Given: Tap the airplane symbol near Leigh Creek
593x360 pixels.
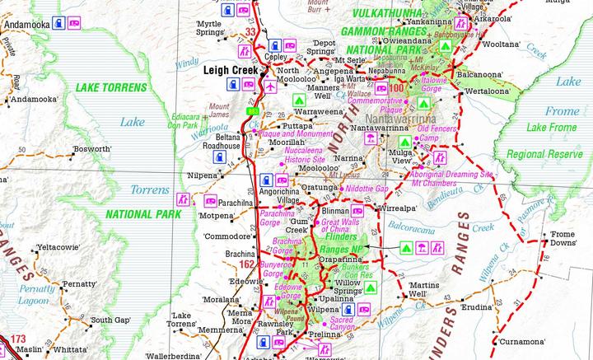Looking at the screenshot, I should point(269,85).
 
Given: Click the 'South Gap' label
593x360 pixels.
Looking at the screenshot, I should point(111,320).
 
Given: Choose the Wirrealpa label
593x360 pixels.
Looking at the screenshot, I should point(398,209).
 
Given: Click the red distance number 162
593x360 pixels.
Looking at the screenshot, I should point(246,265).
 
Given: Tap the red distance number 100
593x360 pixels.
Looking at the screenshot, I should point(399,86).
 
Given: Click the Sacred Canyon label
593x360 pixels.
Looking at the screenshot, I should point(341,324).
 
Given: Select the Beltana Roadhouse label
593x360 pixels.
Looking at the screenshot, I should point(222,141).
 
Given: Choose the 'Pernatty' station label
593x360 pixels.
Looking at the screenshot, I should point(80,283).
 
